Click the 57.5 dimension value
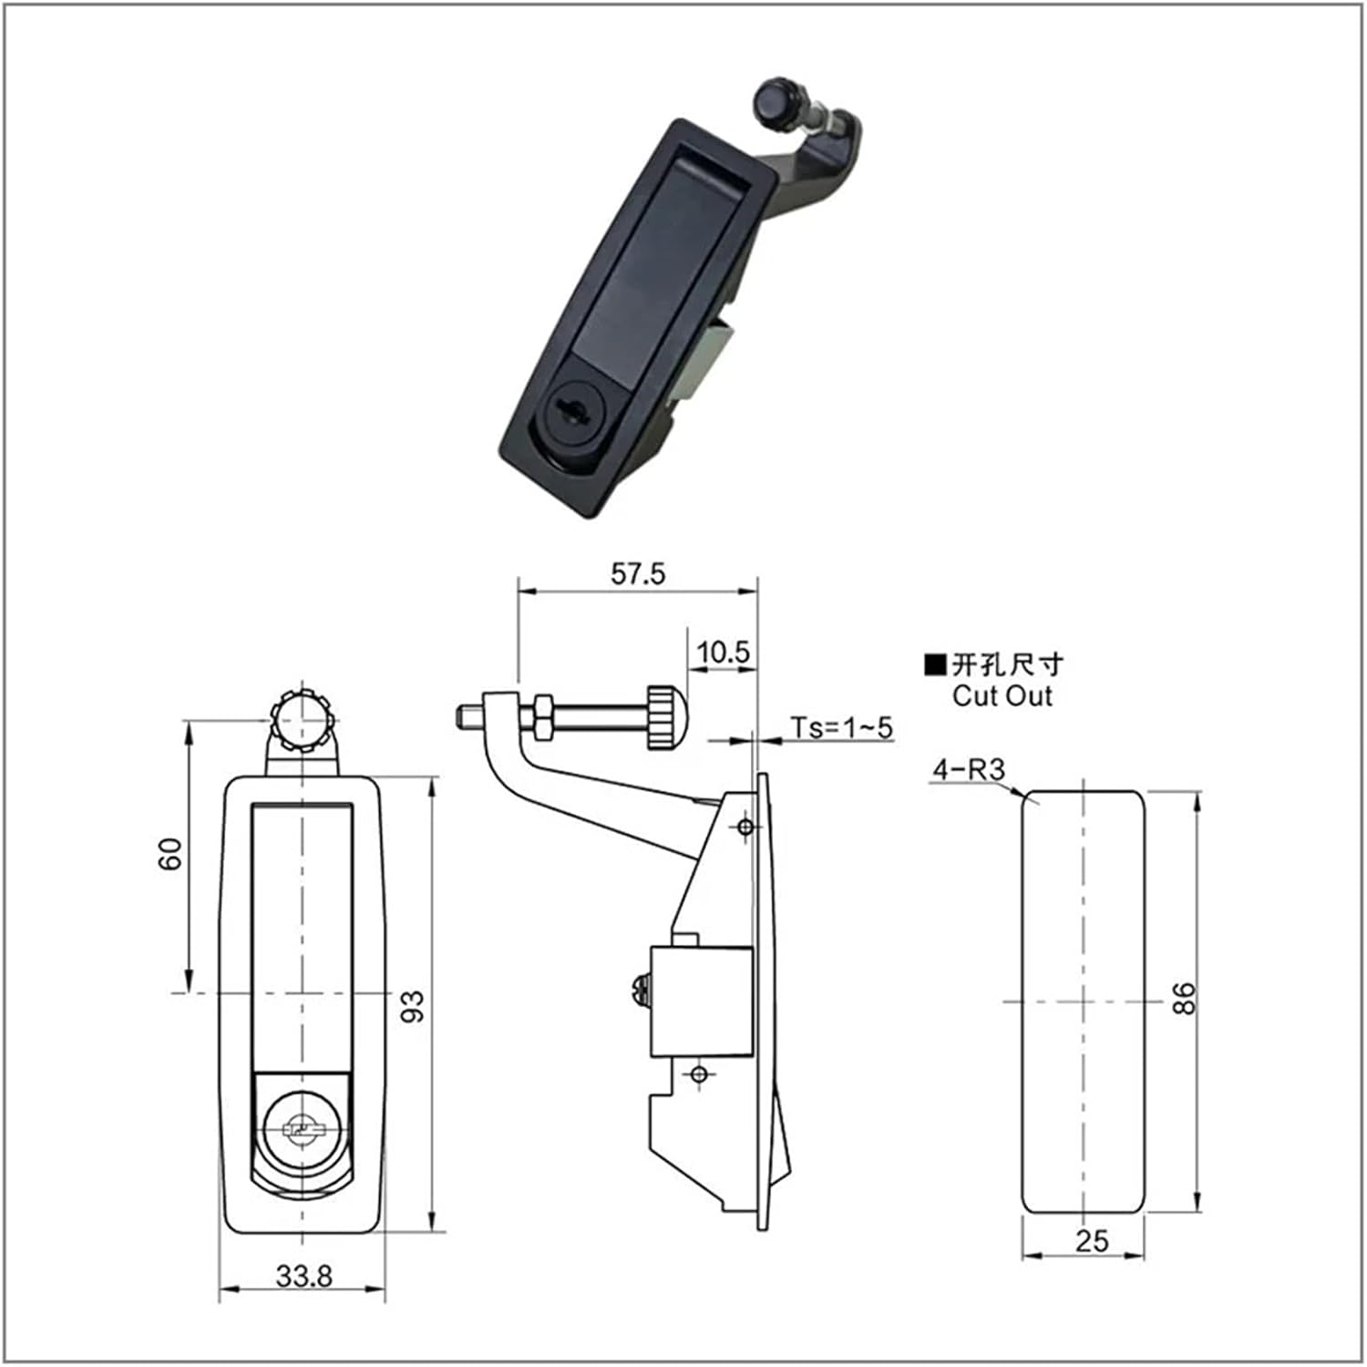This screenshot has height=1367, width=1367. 638,574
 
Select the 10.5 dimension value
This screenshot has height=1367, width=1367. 723,653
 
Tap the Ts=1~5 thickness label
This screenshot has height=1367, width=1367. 841,727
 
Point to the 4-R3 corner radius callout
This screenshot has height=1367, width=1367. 967,770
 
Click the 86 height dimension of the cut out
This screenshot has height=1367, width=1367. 1182,999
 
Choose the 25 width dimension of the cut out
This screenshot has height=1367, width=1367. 1092,1240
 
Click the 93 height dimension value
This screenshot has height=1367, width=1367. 414,1006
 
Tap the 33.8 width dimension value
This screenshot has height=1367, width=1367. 304,1276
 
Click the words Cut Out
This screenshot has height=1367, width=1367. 1002,696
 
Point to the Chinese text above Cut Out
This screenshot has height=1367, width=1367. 1007,664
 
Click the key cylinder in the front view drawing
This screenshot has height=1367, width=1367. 301,1130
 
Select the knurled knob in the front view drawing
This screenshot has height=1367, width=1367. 301,720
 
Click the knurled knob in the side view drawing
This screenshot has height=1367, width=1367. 665,717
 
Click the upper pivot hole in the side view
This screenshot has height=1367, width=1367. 745,827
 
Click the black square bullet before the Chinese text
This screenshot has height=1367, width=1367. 935,664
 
